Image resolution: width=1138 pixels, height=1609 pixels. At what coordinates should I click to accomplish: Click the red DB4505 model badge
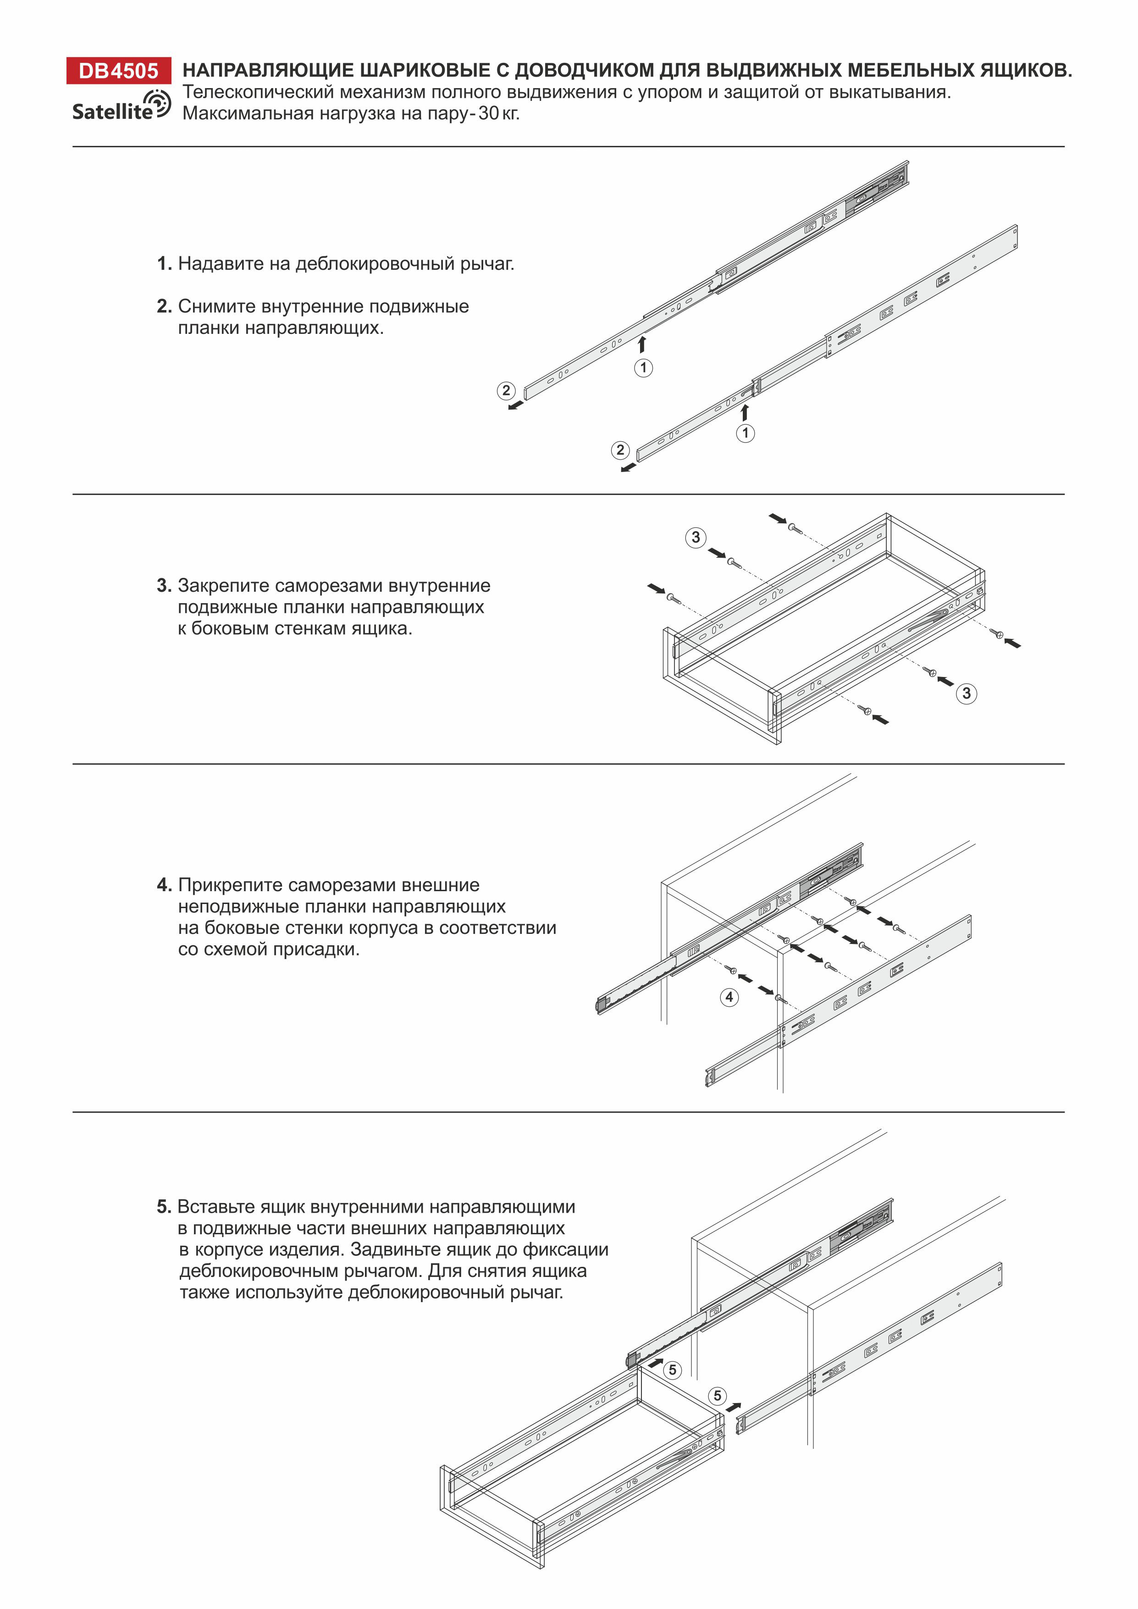tap(118, 71)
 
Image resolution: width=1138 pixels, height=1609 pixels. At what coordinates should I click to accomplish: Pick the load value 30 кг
tap(499, 114)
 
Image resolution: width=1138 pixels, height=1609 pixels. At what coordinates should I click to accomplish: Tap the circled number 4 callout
tap(729, 997)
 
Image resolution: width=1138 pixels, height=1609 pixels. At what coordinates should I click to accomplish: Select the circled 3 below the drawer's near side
tap(967, 693)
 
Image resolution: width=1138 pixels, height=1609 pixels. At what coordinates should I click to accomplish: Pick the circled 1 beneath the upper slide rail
tap(643, 367)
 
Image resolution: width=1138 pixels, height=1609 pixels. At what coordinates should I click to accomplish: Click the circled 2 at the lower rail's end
tap(620, 450)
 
